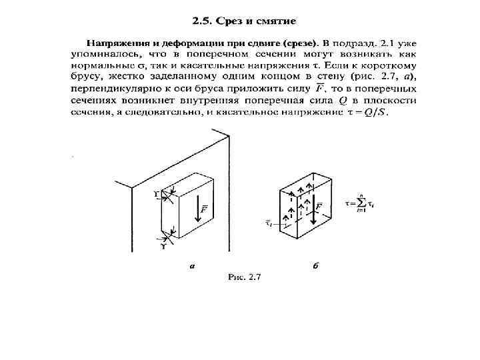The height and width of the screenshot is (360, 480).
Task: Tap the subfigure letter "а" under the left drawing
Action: (x=192, y=265)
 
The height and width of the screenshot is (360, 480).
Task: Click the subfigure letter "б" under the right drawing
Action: (x=315, y=265)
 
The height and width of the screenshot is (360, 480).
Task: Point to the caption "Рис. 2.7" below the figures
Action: (x=244, y=277)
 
